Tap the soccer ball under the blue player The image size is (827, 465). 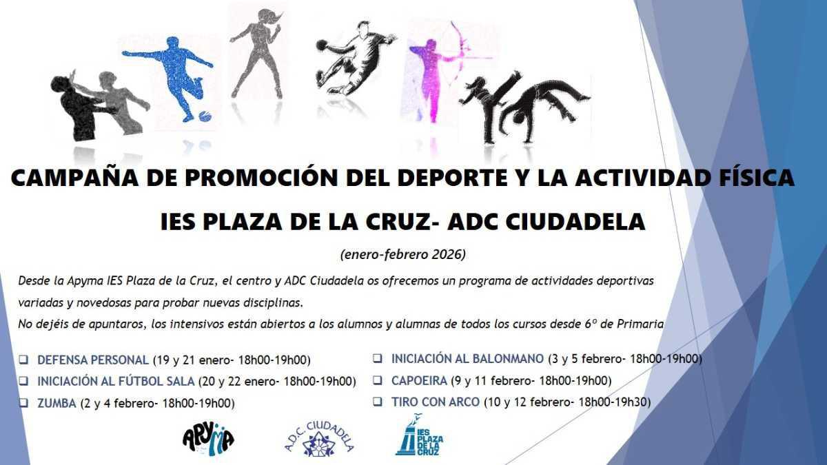coord(205,116)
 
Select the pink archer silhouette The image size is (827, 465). coord(433,72)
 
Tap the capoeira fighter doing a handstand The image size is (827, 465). coord(544,103)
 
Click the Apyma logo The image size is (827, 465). coord(208,437)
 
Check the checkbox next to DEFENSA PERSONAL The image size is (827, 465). coord(24,360)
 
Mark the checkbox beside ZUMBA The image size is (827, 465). coord(24,404)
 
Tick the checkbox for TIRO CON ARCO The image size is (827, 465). coord(378,402)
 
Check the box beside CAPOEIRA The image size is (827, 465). coord(378,380)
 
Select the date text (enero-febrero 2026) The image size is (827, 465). coord(403,255)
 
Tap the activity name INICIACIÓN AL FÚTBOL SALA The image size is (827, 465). coord(116,381)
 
